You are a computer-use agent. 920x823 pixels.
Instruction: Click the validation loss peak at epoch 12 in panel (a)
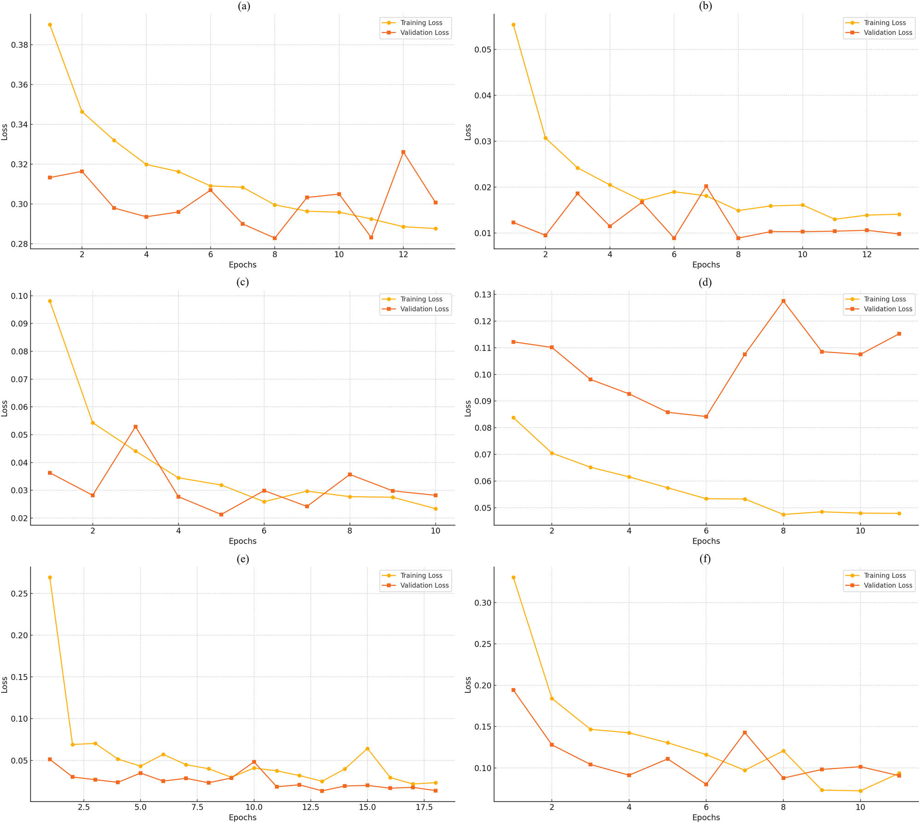[x=403, y=152]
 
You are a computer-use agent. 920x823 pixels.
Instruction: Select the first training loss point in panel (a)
[x=50, y=25]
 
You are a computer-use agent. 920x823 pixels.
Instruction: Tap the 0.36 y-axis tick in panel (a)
[x=19, y=85]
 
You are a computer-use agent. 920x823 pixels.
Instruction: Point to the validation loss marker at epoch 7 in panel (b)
[x=706, y=186]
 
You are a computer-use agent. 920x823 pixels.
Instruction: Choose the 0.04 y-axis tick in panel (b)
[x=483, y=95]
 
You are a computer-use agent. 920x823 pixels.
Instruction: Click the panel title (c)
[x=242, y=282]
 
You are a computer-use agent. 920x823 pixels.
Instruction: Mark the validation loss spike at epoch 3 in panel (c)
[x=135, y=427]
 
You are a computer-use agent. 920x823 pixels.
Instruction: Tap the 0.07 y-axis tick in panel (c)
[x=19, y=379]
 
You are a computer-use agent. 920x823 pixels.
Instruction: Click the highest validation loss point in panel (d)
[x=783, y=301]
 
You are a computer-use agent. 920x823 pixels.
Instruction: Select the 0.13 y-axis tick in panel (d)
[x=483, y=294]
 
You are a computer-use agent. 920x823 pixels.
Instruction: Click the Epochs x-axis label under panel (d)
[x=706, y=541]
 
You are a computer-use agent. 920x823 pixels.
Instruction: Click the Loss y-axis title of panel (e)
[x=5, y=685]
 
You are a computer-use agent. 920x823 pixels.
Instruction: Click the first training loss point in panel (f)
[x=513, y=577]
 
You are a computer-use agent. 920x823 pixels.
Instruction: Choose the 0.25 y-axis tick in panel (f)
[x=483, y=644]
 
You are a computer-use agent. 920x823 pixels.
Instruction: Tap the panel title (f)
[x=705, y=558]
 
